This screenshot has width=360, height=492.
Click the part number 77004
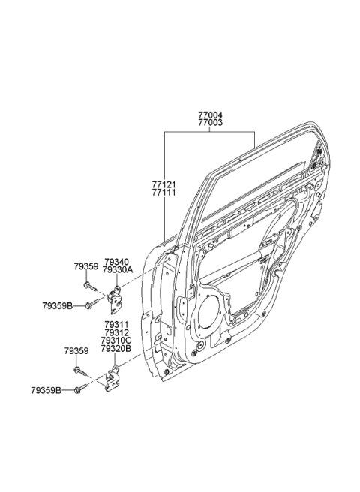211,115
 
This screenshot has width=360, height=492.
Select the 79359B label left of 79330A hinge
56,305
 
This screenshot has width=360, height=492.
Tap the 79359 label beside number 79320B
76,351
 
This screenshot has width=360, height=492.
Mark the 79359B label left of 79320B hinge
46,390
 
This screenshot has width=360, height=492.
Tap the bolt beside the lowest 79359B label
79,390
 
